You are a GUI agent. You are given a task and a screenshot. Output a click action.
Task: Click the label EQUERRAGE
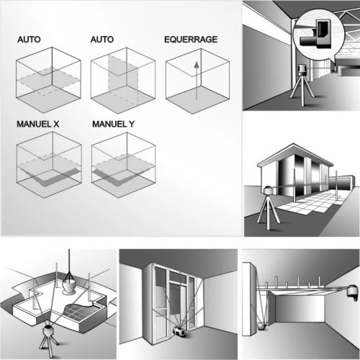pyautogui.click(x=191, y=40)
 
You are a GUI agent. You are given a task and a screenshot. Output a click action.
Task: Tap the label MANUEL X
pyautogui.click(x=38, y=124)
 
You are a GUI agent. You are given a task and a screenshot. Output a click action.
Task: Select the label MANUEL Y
pyautogui.click(x=114, y=124)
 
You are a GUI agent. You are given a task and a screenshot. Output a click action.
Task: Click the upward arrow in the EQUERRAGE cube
pyautogui.click(x=197, y=81)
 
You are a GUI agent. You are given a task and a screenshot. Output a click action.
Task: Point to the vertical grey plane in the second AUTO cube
pyautogui.click(x=123, y=78)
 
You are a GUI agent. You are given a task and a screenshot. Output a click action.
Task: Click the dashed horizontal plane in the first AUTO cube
pyautogui.click(x=48, y=78)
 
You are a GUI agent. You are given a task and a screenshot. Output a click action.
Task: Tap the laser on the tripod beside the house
pyautogui.click(x=268, y=190)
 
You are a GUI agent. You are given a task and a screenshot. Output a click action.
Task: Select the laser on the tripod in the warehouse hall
pyautogui.click(x=302, y=71)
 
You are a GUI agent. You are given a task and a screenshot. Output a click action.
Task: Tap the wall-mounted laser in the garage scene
pyautogui.click(x=353, y=292)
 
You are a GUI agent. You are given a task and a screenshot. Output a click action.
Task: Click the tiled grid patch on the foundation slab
pyautogui.click(x=78, y=311)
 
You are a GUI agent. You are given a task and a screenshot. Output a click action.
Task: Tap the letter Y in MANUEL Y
pyautogui.click(x=132, y=124)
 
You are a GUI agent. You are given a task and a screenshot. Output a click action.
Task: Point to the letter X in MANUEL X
pyautogui.click(x=56, y=124)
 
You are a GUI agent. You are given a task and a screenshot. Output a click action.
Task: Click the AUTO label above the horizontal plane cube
pyautogui.click(x=29, y=40)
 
